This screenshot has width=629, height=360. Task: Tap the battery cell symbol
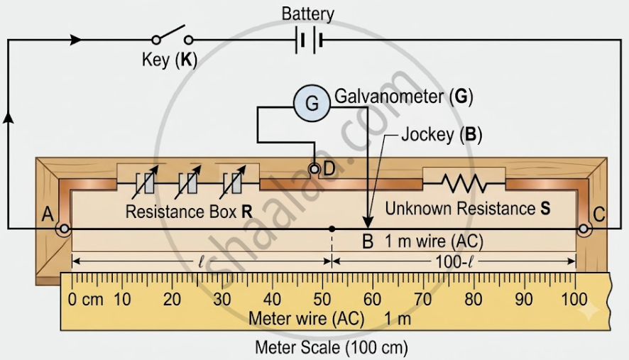[x=309, y=40]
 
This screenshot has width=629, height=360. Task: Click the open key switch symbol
[x=173, y=36]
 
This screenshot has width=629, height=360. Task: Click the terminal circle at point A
[x=64, y=229]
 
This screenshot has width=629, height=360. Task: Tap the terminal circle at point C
[x=584, y=229]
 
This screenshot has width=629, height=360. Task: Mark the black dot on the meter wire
[x=332, y=229]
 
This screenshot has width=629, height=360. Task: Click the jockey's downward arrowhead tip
[x=368, y=229]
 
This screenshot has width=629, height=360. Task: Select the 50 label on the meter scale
[x=322, y=300]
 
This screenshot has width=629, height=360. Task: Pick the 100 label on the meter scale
[x=574, y=300]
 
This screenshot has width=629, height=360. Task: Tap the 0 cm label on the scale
[x=85, y=300]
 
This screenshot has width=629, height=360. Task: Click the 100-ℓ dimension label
[x=454, y=262]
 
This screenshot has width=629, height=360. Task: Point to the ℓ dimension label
[x=202, y=262]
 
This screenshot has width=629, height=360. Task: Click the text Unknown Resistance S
[x=468, y=208]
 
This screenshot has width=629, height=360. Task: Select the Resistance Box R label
[x=189, y=212]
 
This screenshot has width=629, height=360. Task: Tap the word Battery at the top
[x=307, y=14]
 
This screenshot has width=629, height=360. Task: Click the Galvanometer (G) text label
[x=404, y=97]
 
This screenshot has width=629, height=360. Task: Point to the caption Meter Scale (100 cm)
[x=332, y=347]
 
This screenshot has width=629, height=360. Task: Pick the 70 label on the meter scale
[x=423, y=300]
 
